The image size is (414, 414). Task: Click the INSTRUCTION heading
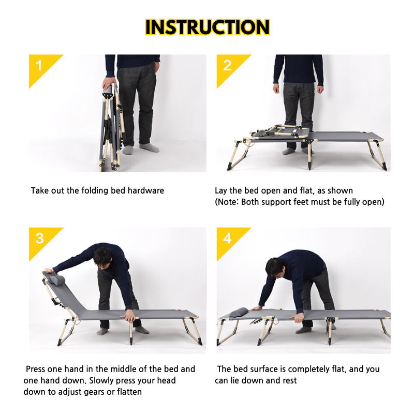(x=208, y=27)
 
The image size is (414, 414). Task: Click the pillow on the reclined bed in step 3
(x=58, y=280)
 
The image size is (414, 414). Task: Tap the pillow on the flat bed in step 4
(x=239, y=313)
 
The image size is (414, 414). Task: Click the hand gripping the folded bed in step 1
(x=109, y=83)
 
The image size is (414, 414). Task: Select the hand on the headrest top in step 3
(x=49, y=270)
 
